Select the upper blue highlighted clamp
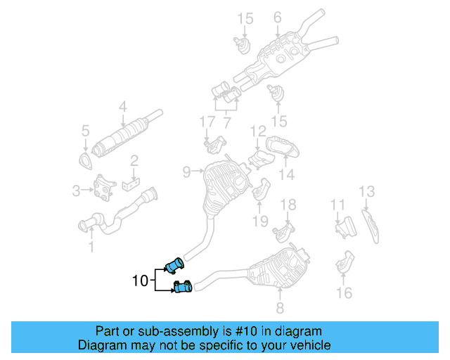click(x=174, y=265)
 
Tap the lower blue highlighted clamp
click(x=184, y=286)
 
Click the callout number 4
click(x=122, y=107)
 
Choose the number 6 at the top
click(x=277, y=17)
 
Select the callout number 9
click(x=187, y=171)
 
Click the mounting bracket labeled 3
click(x=105, y=187)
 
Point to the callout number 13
click(x=367, y=191)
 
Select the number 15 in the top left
click(x=244, y=18)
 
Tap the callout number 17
click(x=206, y=122)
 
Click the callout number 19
click(x=261, y=221)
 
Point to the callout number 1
click(x=90, y=246)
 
